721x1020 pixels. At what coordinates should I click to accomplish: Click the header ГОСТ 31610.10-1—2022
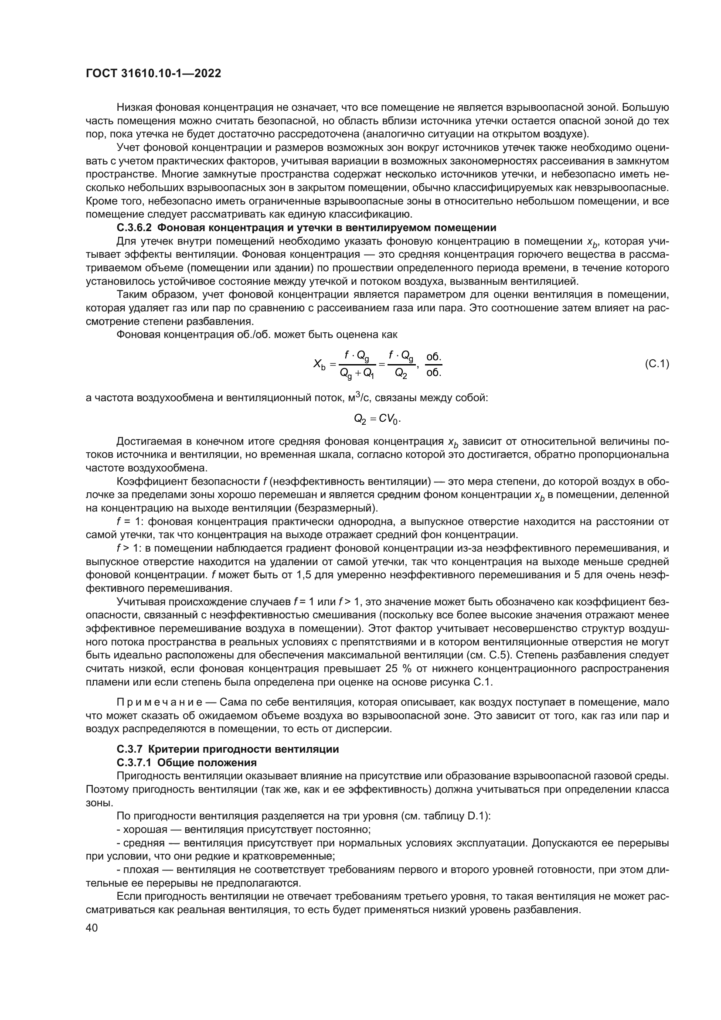tap(153, 74)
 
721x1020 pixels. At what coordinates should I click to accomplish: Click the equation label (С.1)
tap(656, 364)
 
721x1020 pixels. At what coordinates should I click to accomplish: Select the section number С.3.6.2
tap(134, 229)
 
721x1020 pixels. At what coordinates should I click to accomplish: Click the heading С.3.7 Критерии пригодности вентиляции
tap(228, 750)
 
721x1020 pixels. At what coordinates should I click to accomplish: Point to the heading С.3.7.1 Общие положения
tap(187, 763)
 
